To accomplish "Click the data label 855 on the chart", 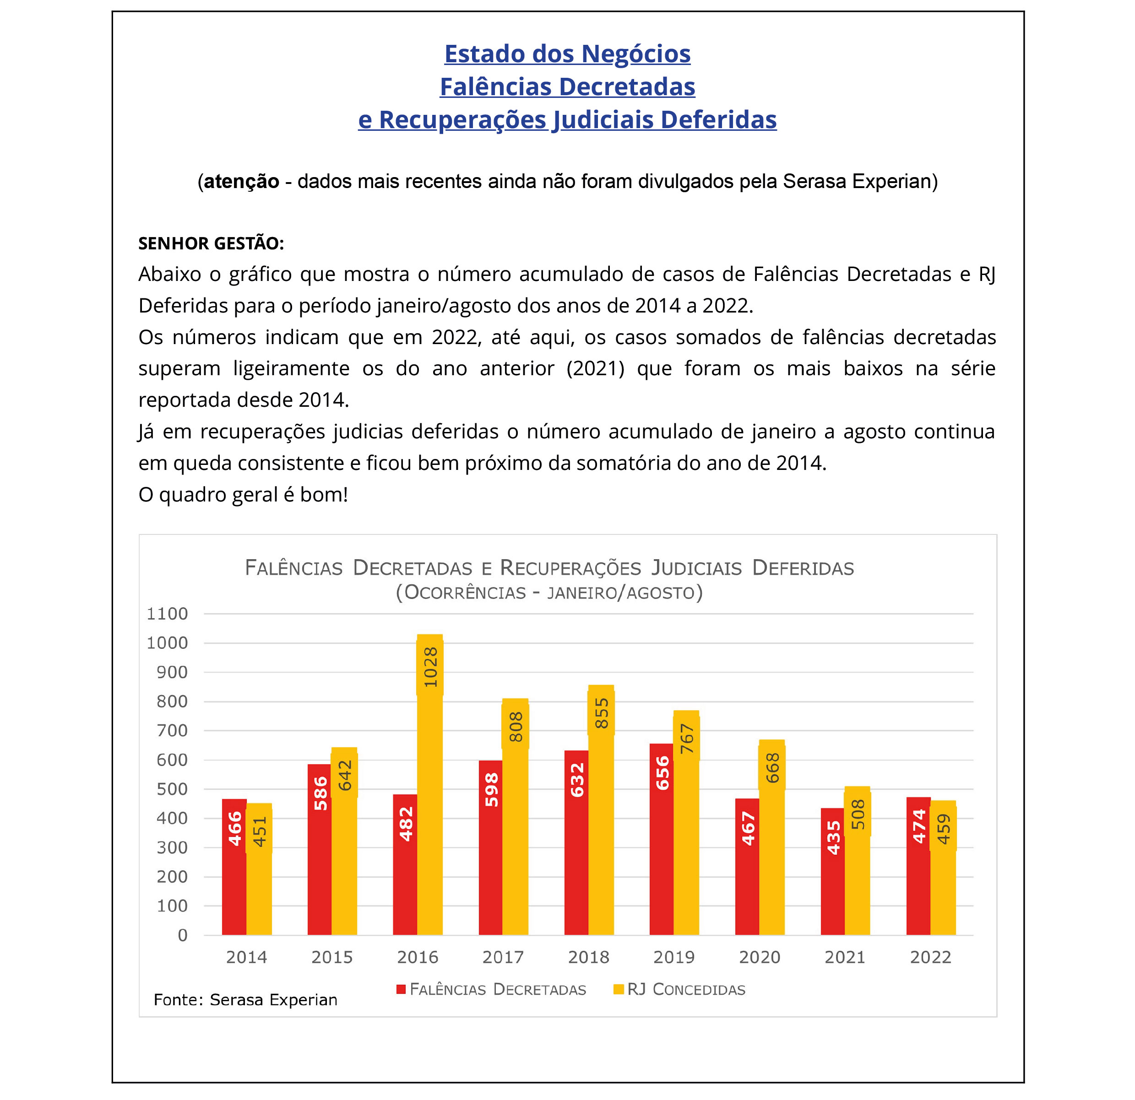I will pyautogui.click(x=602, y=713).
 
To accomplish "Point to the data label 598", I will pyautogui.click(x=492, y=790).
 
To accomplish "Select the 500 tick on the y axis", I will pyautogui.click(x=172, y=789).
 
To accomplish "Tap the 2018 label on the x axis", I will pyautogui.click(x=588, y=957).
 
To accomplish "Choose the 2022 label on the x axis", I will pyautogui.click(x=931, y=957).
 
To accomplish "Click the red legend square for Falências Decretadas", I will pyautogui.click(x=401, y=989).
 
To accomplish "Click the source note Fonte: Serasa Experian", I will pyautogui.click(x=245, y=999).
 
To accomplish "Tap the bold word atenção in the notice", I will pyautogui.click(x=241, y=181).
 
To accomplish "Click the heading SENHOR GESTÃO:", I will pyautogui.click(x=211, y=243).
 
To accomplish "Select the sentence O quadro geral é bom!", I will pyautogui.click(x=243, y=495).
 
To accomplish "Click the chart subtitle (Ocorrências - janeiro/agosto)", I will pyautogui.click(x=549, y=593).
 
